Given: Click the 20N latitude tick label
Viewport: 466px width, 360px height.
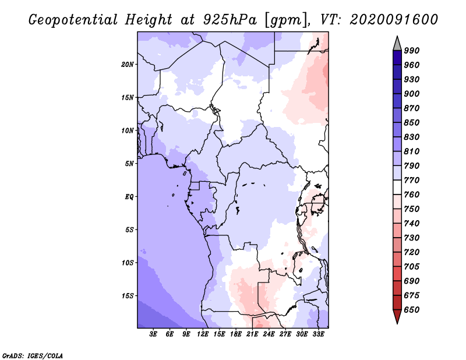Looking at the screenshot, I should pyautogui.click(x=128, y=64).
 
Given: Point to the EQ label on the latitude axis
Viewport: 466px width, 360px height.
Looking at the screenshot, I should pyautogui.click(x=129, y=197).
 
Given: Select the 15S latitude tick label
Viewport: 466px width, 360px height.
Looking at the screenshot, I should pyautogui.click(x=128, y=296).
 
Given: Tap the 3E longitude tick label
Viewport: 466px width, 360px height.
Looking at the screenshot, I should pyautogui.click(x=154, y=334).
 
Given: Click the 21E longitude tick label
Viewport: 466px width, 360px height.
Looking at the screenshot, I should pyautogui.click(x=253, y=334).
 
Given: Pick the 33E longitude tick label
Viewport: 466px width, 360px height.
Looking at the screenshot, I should pyautogui.click(x=318, y=334).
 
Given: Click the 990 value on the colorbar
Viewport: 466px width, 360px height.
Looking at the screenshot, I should pyautogui.click(x=412, y=51).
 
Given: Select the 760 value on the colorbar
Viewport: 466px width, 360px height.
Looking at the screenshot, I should pyautogui.click(x=412, y=195).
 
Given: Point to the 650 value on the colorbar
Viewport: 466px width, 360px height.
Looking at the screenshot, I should pyautogui.click(x=412, y=310).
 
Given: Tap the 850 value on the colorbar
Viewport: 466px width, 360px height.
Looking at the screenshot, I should pyautogui.click(x=412, y=123).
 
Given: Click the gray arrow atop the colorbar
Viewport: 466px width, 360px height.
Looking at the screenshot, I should pyautogui.click(x=397, y=43).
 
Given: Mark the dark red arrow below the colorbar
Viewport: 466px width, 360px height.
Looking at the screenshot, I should pyautogui.click(x=397, y=317).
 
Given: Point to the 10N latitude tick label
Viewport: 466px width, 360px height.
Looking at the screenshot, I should pyautogui.click(x=128, y=130).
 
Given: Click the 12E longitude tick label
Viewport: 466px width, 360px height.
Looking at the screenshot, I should pyautogui.click(x=203, y=334).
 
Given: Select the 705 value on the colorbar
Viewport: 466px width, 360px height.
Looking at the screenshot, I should pyautogui.click(x=412, y=267).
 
